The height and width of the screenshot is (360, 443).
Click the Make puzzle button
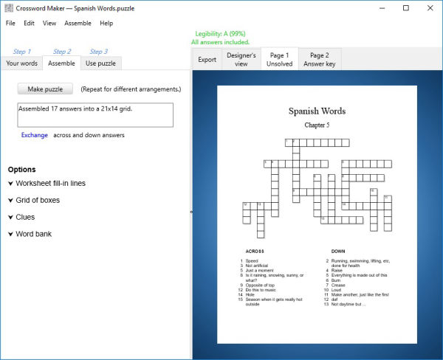click(45, 89)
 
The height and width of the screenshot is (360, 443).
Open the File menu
click(10, 23)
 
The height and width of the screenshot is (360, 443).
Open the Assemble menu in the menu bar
click(78, 23)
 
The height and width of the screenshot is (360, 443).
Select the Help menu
click(106, 23)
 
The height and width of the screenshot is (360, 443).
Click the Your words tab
click(21, 63)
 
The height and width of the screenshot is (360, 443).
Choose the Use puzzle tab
click(100, 63)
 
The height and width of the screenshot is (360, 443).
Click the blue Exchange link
click(35, 135)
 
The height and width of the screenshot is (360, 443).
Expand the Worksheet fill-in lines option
click(50, 183)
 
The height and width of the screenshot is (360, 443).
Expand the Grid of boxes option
click(38, 200)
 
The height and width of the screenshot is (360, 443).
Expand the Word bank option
click(33, 234)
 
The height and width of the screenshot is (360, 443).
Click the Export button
click(207, 60)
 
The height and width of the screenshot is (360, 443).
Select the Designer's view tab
click(241, 60)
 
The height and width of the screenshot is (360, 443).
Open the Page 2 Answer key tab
click(320, 60)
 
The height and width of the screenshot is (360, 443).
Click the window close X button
click(429, 8)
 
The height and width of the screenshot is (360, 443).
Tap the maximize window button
click(405, 8)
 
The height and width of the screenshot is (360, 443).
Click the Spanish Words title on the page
click(317, 111)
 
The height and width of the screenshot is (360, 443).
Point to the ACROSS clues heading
click(255, 252)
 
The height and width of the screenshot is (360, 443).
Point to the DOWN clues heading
click(338, 252)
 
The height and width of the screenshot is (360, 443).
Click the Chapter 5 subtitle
click(317, 125)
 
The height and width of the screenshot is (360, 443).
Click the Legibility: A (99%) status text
click(220, 34)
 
